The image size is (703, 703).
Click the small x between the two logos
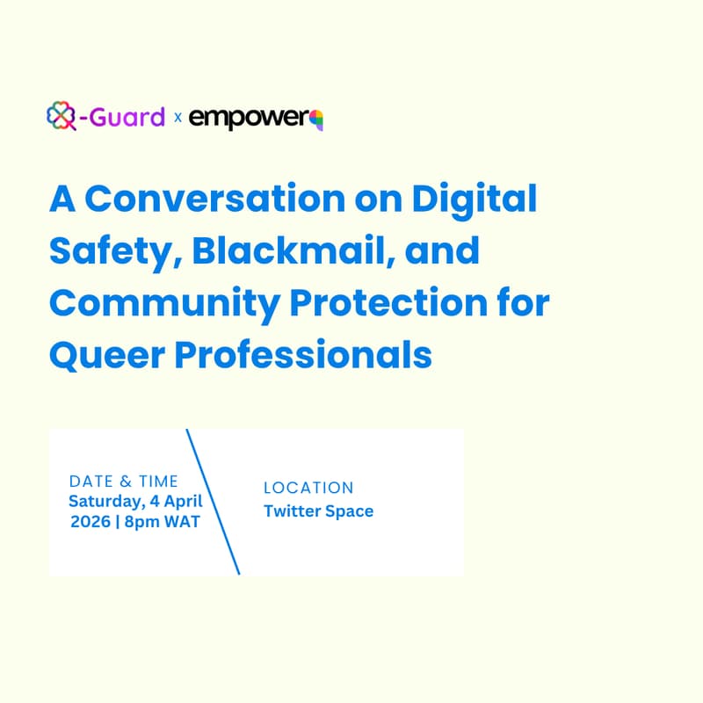(x=178, y=118)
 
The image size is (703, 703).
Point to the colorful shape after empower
(x=317, y=119)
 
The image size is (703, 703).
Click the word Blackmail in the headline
(x=280, y=252)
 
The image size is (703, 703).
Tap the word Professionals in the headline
(x=299, y=354)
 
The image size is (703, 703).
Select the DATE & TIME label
(x=123, y=481)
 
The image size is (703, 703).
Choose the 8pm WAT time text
(x=166, y=520)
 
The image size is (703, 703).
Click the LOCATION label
(x=308, y=488)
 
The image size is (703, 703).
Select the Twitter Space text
(x=318, y=511)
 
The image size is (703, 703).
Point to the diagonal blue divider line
(x=213, y=502)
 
